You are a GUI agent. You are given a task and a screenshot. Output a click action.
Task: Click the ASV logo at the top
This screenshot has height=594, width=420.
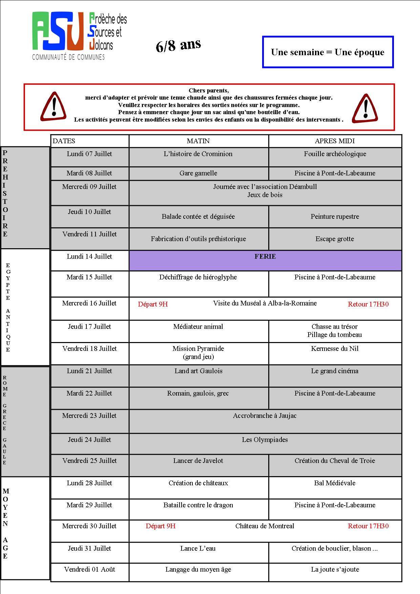click(x=79, y=36)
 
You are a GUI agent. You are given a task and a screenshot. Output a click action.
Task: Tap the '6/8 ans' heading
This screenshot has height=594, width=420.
click(x=178, y=45)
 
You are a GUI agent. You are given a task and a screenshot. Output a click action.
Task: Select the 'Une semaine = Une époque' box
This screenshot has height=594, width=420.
click(x=328, y=52)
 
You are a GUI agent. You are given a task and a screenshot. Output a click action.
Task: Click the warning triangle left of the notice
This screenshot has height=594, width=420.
click(x=53, y=106)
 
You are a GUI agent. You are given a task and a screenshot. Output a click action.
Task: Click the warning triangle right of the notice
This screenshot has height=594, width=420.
click(x=365, y=108)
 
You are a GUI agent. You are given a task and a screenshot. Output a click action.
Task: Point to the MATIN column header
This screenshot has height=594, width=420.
click(x=198, y=141)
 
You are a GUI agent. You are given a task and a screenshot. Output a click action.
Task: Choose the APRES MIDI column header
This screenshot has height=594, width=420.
click(x=335, y=141)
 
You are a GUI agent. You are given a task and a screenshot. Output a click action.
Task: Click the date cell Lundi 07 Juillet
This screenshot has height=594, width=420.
click(x=89, y=154)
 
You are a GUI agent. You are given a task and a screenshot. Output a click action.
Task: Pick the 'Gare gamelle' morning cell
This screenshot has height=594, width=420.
click(x=198, y=173)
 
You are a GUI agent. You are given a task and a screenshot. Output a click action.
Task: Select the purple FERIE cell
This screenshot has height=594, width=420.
click(x=265, y=260)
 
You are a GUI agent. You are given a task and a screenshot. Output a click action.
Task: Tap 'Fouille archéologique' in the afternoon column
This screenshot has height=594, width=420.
click(x=335, y=154)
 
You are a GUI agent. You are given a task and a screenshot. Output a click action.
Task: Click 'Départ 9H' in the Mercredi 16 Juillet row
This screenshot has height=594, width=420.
click(x=153, y=304)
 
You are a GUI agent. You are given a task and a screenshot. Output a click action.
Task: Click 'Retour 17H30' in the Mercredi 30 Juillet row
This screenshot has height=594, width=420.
click(x=368, y=526)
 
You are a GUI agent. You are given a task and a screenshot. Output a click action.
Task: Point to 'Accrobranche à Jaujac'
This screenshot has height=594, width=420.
click(x=265, y=416)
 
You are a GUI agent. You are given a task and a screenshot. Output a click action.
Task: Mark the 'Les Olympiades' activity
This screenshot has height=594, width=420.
click(x=265, y=440)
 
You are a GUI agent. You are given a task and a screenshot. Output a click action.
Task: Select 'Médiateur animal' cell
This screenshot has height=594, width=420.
click(x=198, y=327)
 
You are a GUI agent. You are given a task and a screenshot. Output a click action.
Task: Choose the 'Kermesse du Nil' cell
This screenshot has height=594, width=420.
click(x=335, y=349)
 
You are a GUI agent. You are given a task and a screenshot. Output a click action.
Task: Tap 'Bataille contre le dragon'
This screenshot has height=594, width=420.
click(x=198, y=505)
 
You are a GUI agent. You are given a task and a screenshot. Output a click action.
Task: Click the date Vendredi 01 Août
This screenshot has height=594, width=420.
click(x=89, y=570)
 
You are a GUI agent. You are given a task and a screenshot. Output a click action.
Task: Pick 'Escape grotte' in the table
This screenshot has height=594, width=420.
click(x=335, y=239)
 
